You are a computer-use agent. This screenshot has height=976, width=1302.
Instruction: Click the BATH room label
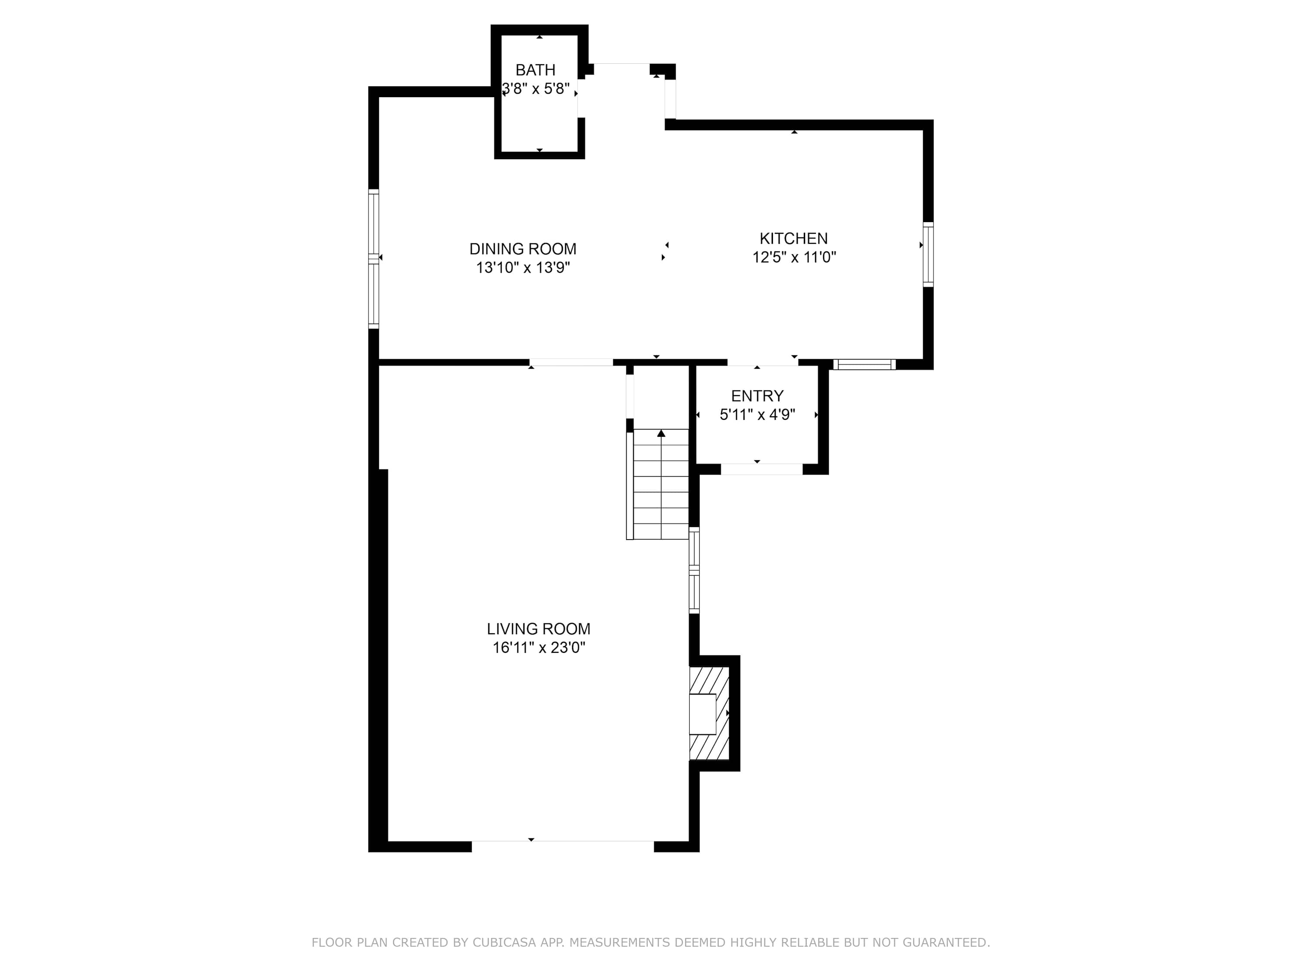(535, 70)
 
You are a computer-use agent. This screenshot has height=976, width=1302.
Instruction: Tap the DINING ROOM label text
(523, 249)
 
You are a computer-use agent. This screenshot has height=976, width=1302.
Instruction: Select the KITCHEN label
(793, 238)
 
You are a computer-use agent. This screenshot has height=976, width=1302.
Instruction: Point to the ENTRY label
(757, 396)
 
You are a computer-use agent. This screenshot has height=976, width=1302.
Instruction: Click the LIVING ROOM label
(539, 629)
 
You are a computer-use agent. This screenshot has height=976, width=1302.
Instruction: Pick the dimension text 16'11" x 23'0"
(539, 648)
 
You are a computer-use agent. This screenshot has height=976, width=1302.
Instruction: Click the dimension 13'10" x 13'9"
(523, 268)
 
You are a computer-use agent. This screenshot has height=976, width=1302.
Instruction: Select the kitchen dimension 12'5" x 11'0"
(794, 257)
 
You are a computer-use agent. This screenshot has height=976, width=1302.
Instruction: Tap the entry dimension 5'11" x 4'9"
(757, 415)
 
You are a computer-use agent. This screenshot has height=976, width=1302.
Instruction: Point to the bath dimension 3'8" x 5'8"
(536, 89)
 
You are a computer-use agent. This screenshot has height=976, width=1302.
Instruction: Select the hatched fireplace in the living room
(709, 713)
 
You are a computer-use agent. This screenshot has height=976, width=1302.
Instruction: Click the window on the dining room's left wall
(374, 258)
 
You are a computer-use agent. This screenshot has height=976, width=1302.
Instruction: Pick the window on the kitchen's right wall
(928, 254)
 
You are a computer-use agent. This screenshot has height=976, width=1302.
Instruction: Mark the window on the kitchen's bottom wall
(864, 365)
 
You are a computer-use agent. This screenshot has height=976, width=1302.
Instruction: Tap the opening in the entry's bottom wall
(762, 469)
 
